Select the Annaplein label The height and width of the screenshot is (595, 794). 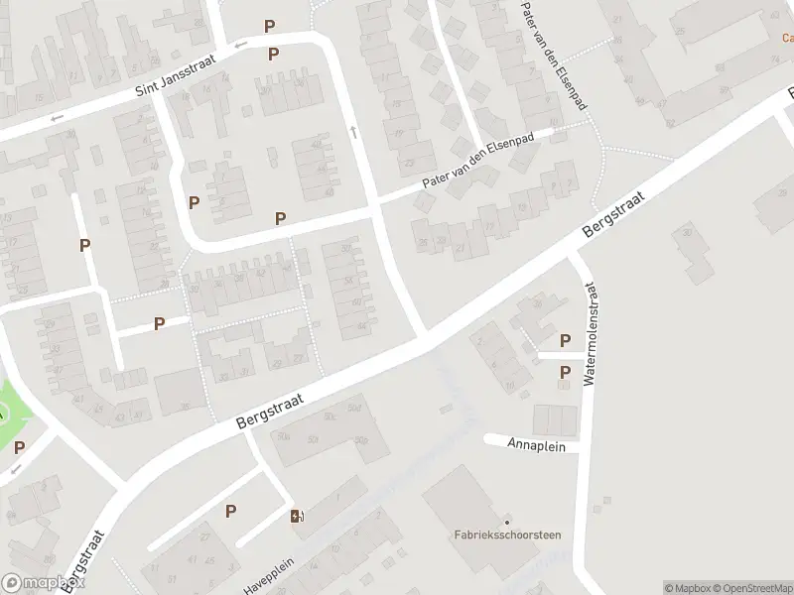(x=536, y=446)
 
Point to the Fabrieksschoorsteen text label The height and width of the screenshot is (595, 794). (x=507, y=536)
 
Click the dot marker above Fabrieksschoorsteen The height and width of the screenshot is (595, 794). (x=507, y=522)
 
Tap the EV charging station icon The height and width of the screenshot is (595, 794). (x=297, y=515)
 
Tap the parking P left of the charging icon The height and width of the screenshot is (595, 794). (x=230, y=511)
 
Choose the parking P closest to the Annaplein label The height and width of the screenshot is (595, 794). (x=565, y=373)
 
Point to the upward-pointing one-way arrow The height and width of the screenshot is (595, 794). (x=352, y=132)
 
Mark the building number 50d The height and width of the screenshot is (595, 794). (x=354, y=408)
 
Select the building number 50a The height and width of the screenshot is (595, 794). (x=285, y=435)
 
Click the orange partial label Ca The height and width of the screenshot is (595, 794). (x=786, y=39)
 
